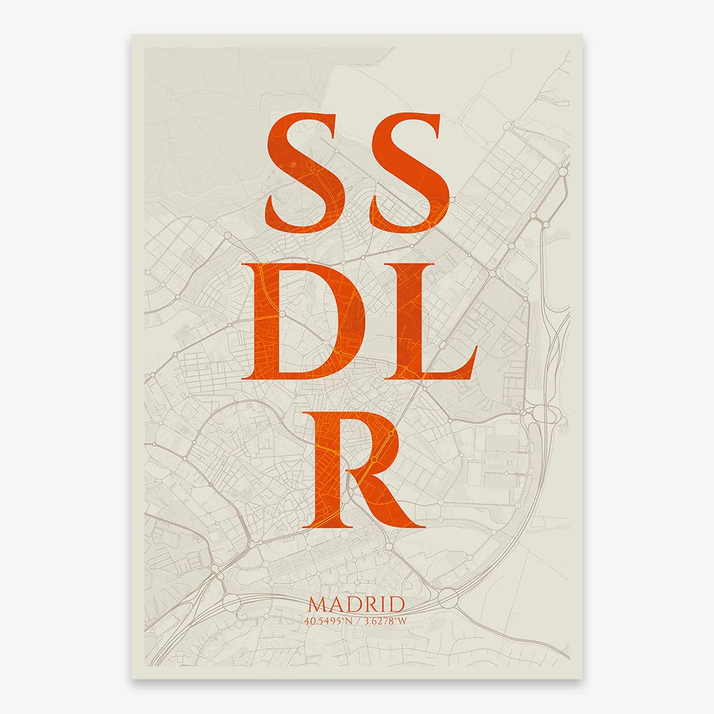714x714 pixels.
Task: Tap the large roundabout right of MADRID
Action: [x=448, y=597]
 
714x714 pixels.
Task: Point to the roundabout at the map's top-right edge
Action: [x=563, y=171]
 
